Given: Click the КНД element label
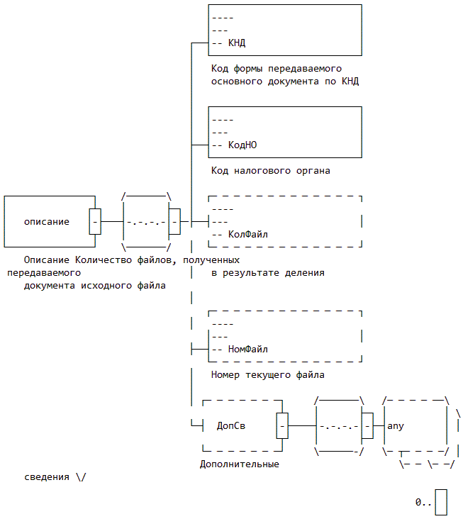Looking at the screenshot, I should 237,43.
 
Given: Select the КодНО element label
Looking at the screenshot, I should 242,145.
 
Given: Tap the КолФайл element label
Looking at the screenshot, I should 248,234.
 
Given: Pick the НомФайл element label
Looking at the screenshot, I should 248,349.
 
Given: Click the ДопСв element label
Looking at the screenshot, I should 231,426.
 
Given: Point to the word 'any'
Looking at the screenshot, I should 396,426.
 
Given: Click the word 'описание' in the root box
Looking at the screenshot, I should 47,221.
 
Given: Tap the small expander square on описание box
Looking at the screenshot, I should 95,221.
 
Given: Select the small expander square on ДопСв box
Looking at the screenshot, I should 282,426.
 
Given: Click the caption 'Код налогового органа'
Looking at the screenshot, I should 271,171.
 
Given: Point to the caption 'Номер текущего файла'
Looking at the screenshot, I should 268,375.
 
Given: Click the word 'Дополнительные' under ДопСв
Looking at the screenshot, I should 240,464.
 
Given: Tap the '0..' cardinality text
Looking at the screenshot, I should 423,502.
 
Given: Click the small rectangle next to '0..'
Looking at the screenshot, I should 441,502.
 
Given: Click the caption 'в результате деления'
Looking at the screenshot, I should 268,273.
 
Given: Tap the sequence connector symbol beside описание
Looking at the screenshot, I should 146,221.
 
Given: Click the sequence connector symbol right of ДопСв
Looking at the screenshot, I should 339,426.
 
